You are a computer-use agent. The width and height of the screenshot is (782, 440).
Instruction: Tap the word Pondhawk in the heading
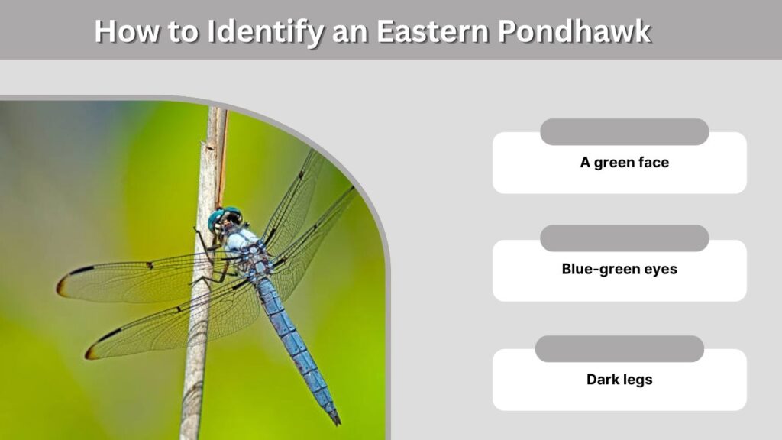pos(574,31)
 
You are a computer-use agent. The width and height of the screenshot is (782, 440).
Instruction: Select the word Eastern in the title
pos(432,31)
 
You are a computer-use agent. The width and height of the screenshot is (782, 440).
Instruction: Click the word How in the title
pos(127,31)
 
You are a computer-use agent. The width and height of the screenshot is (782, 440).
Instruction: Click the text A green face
pos(625,163)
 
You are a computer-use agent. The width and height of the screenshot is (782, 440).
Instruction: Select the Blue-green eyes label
pos(619,269)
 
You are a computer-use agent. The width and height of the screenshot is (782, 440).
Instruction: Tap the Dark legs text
pos(619,380)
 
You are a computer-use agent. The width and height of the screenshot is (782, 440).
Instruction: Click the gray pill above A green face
pos(625,132)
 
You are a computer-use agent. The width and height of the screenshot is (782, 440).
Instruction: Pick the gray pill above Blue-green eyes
pos(625,238)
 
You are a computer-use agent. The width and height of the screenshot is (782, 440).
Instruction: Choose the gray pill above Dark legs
pos(619,348)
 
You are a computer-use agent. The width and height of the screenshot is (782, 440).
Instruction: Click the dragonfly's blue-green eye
pos(216,219)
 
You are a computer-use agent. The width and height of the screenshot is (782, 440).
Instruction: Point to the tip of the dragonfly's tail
pos(338,423)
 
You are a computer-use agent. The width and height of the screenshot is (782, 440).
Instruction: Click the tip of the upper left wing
pos(58,288)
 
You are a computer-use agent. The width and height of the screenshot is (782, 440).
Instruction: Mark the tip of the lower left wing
pos(87,354)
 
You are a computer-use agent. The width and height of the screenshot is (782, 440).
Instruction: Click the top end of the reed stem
pos(218,108)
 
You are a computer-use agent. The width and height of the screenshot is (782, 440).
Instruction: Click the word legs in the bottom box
pos(635,380)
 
